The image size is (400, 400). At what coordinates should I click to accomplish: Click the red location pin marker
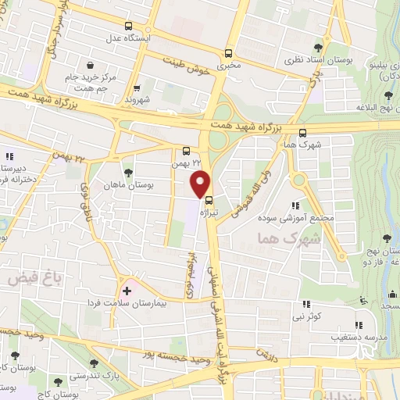tap(200, 183)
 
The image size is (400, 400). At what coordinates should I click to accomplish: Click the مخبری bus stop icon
tap(228, 53)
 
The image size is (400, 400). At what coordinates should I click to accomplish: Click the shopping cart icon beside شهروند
tap(137, 88)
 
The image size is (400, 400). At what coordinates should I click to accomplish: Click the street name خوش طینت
tap(188, 62)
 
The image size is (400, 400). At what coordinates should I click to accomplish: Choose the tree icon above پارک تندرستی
tap(95, 362)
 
